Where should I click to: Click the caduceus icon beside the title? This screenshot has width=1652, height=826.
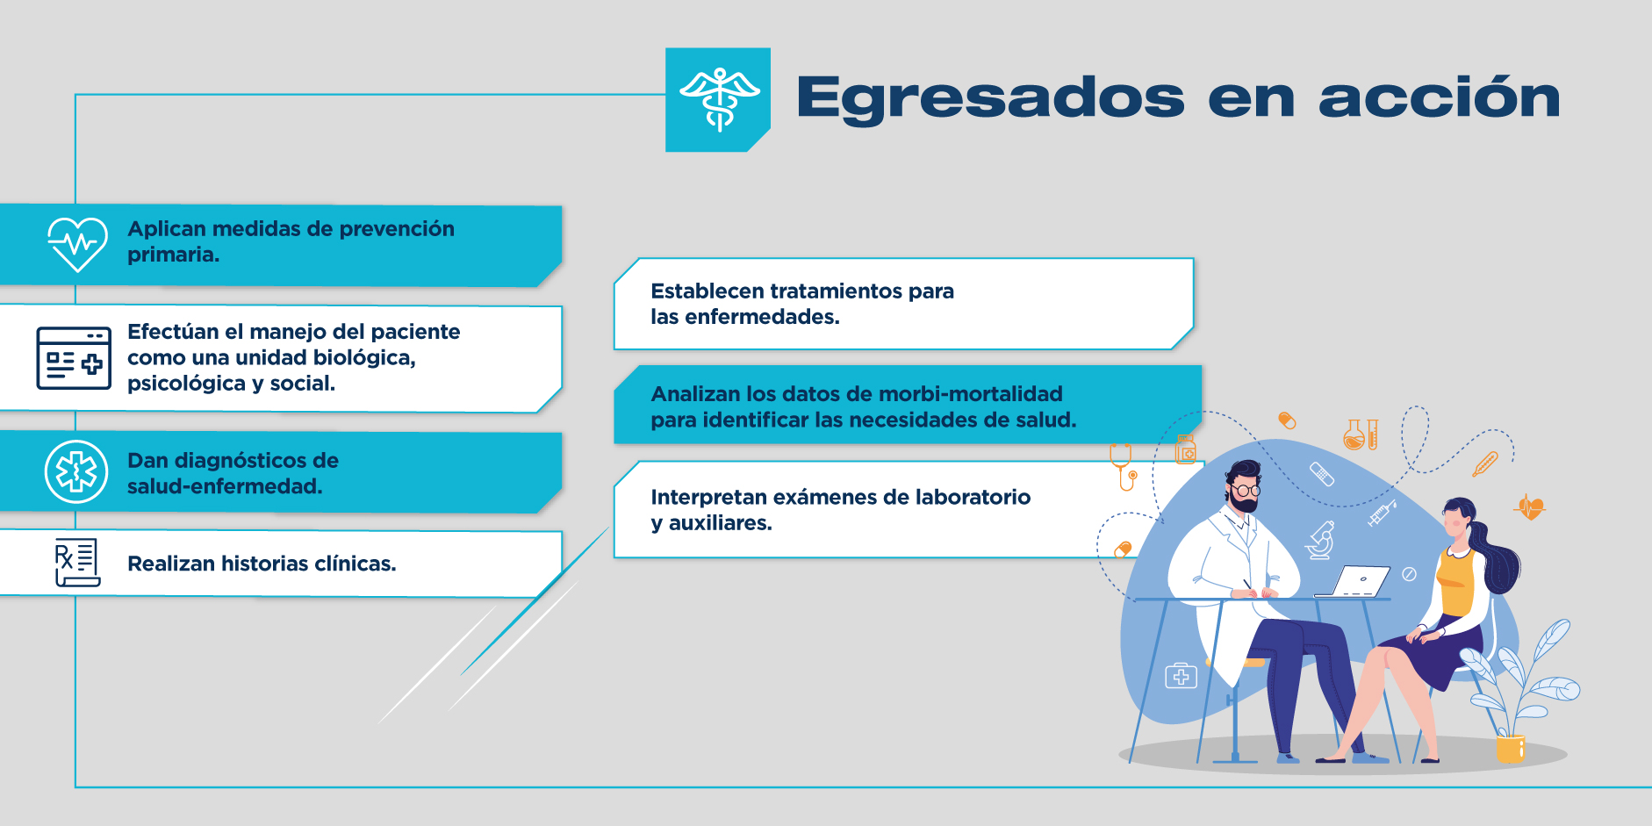click(719, 99)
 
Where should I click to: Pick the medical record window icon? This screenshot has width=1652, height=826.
click(74, 358)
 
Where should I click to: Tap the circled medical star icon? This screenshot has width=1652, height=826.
click(76, 471)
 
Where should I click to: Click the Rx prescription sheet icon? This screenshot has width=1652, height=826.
click(77, 563)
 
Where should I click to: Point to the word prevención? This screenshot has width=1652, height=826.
click(397, 229)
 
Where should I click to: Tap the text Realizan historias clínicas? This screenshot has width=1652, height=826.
click(262, 564)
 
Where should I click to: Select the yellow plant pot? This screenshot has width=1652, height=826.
click(1511, 749)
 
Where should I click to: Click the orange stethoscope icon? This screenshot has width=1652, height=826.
click(1124, 466)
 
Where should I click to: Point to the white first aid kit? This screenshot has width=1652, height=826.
click(1181, 676)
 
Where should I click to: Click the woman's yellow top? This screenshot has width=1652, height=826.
click(1455, 583)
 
